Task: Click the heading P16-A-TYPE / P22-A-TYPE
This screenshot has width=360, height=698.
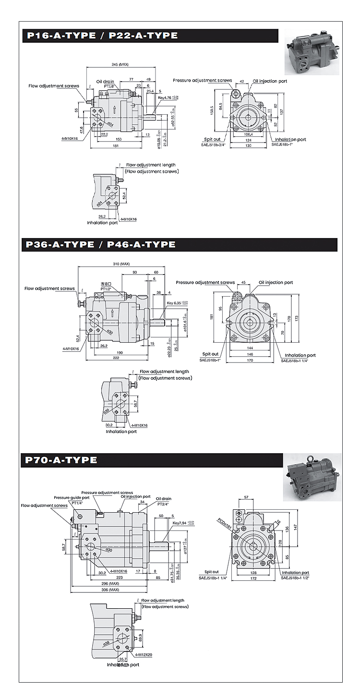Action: tap(102, 36)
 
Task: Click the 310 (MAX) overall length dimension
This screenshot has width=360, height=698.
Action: tap(122, 264)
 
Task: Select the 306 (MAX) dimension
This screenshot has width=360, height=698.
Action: tap(110, 590)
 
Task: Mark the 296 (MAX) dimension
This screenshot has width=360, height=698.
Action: tap(110, 583)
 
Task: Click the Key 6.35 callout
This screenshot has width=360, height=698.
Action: tap(176, 303)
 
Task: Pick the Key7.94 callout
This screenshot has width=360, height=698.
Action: tap(182, 522)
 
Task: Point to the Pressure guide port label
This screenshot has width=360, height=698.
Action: tap(72, 498)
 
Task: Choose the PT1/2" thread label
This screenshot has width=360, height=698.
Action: tap(106, 289)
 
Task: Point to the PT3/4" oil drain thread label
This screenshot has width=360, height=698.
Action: tap(164, 504)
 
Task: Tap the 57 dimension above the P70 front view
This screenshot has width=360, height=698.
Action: tap(246, 497)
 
